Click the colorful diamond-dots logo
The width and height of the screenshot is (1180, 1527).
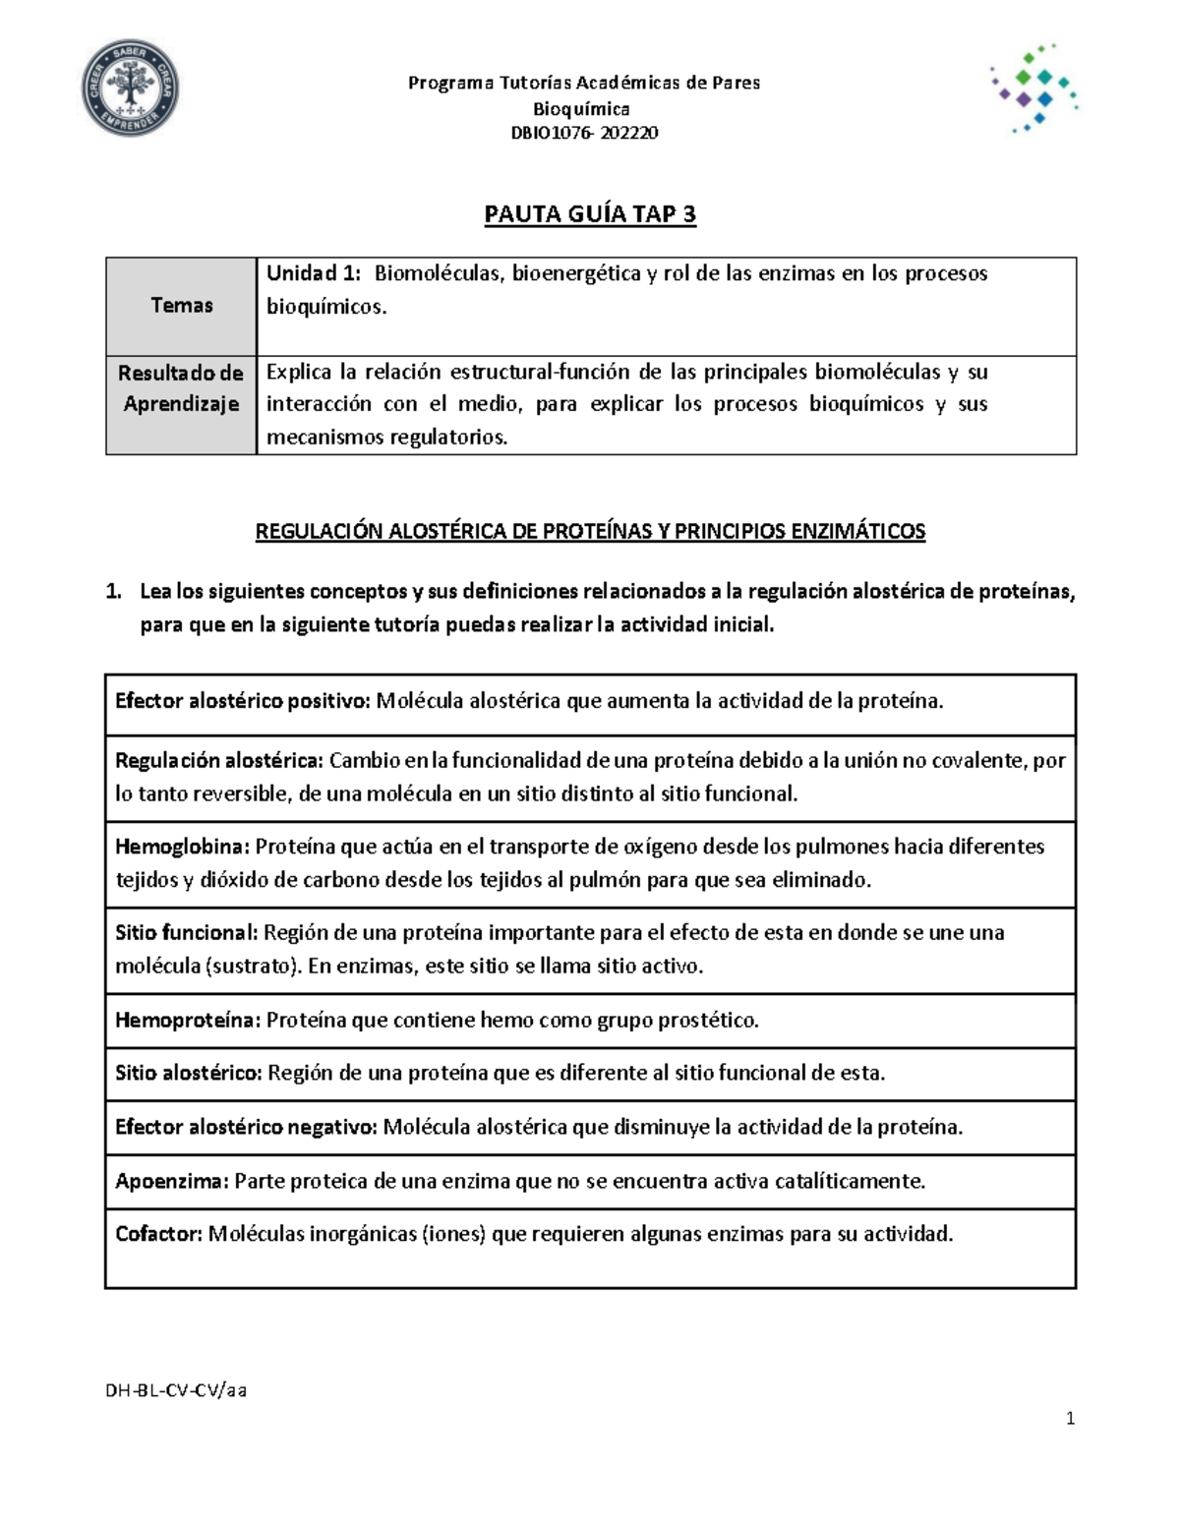(1032, 88)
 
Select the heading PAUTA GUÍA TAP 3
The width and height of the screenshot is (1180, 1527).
(590, 214)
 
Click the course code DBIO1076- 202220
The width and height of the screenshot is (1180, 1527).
(584, 133)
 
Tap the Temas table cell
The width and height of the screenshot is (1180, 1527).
(181, 306)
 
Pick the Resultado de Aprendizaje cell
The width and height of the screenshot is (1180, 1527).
(181, 388)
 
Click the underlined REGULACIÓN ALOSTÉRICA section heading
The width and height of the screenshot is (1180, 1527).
(590, 532)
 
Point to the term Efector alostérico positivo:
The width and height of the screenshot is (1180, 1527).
(242, 701)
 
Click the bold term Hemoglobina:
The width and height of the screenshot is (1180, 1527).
(183, 847)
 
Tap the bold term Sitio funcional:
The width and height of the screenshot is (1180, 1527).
(187, 932)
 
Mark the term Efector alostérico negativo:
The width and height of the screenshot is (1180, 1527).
(246, 1127)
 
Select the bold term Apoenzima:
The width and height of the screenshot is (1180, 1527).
(172, 1181)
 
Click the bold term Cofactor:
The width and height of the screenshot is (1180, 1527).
(158, 1234)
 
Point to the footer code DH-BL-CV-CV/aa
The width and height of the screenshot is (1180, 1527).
(176, 1390)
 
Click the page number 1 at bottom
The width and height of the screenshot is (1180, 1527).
(1070, 1418)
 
